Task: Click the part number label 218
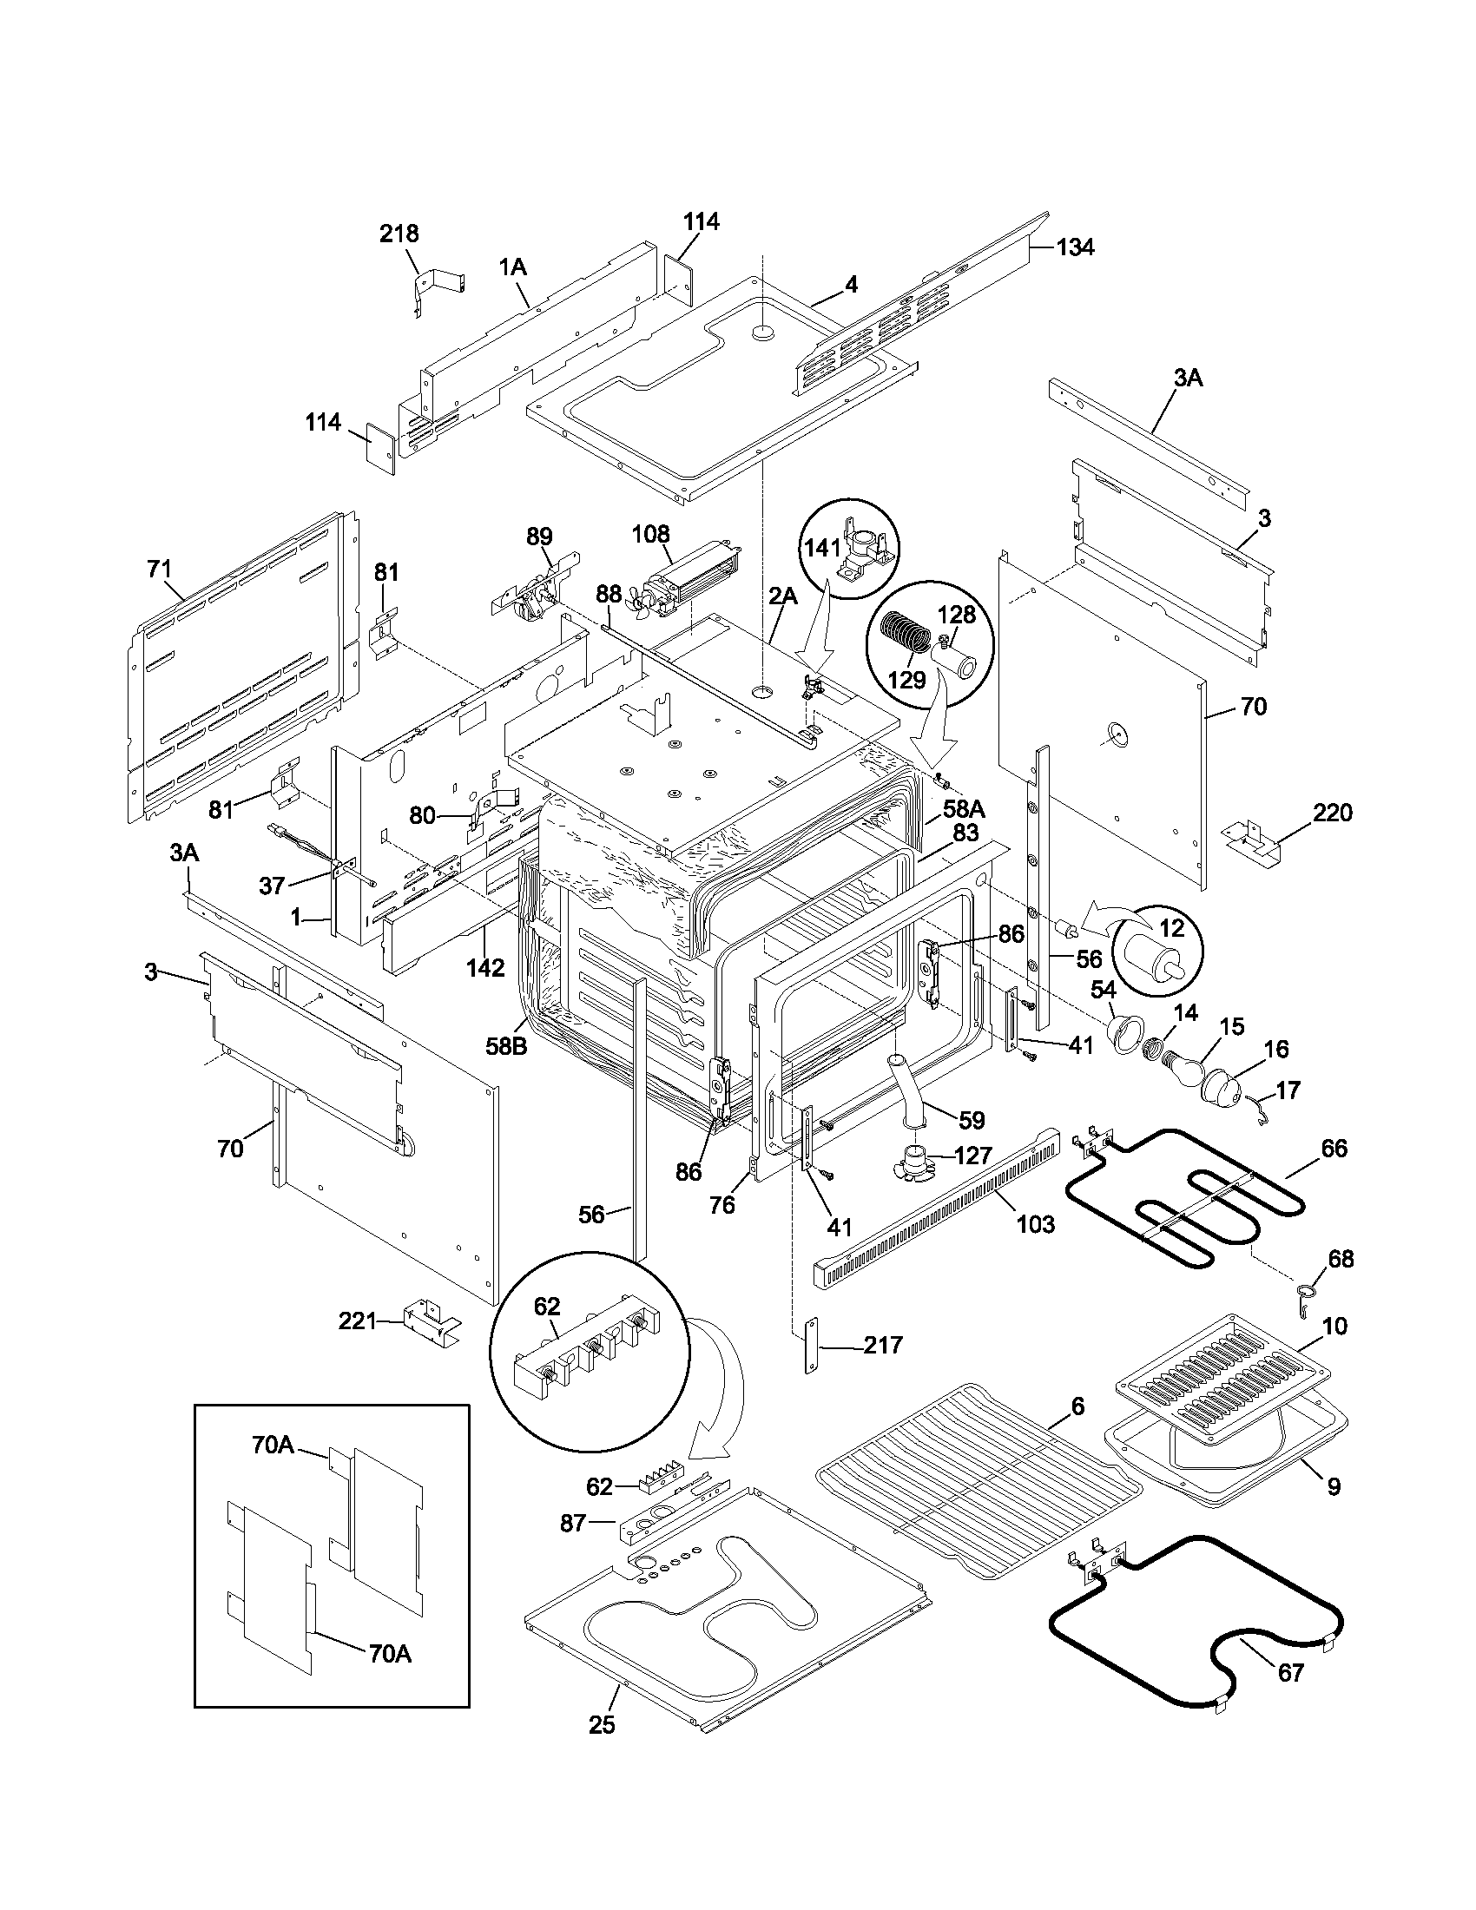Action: click(x=399, y=234)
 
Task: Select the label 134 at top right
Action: click(x=1074, y=247)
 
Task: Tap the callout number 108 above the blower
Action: click(x=650, y=533)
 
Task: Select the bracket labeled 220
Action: click(x=1255, y=836)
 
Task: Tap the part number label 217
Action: click(x=883, y=1345)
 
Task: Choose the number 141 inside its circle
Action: click(x=823, y=548)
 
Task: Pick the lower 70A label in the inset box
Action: click(x=389, y=1653)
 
